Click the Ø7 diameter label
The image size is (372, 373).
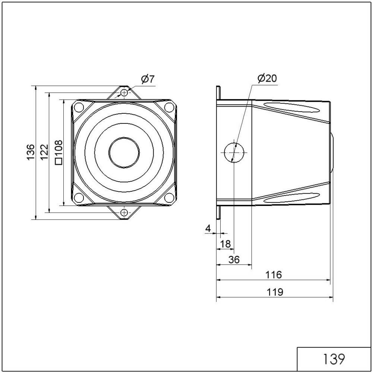[147, 79]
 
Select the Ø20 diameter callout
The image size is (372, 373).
[267, 78]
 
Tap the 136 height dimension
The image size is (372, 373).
[30, 152]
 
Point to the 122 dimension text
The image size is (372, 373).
[44, 152]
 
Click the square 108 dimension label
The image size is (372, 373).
[58, 152]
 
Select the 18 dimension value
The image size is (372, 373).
[225, 244]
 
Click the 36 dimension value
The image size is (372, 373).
[234, 260]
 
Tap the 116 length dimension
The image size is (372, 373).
[274, 275]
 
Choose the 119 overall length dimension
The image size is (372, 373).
[275, 292]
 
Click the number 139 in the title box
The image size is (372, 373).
[334, 359]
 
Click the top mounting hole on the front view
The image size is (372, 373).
[124, 92]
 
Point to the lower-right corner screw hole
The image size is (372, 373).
[170, 198]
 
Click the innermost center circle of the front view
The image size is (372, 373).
[124, 152]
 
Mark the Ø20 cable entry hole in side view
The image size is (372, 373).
[234, 152]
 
